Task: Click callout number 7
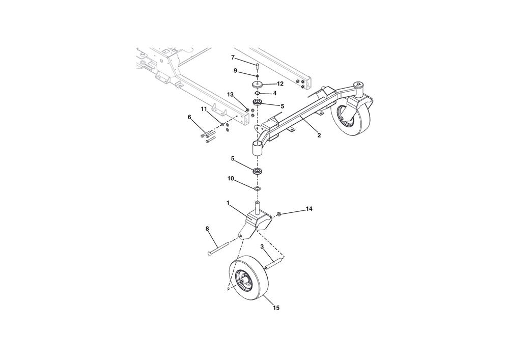click(233, 58)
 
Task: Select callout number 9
click(235, 70)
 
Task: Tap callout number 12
click(280, 84)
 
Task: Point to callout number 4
click(275, 93)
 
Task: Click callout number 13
click(230, 95)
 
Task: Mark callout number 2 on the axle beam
click(319, 135)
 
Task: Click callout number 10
click(231, 178)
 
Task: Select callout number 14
click(309, 209)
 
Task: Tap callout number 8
click(207, 229)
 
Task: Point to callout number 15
click(276, 308)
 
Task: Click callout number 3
click(262, 246)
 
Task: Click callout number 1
click(228, 203)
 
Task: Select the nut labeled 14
click(278, 213)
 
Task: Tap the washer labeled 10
click(258, 188)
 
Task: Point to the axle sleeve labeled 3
click(275, 262)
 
